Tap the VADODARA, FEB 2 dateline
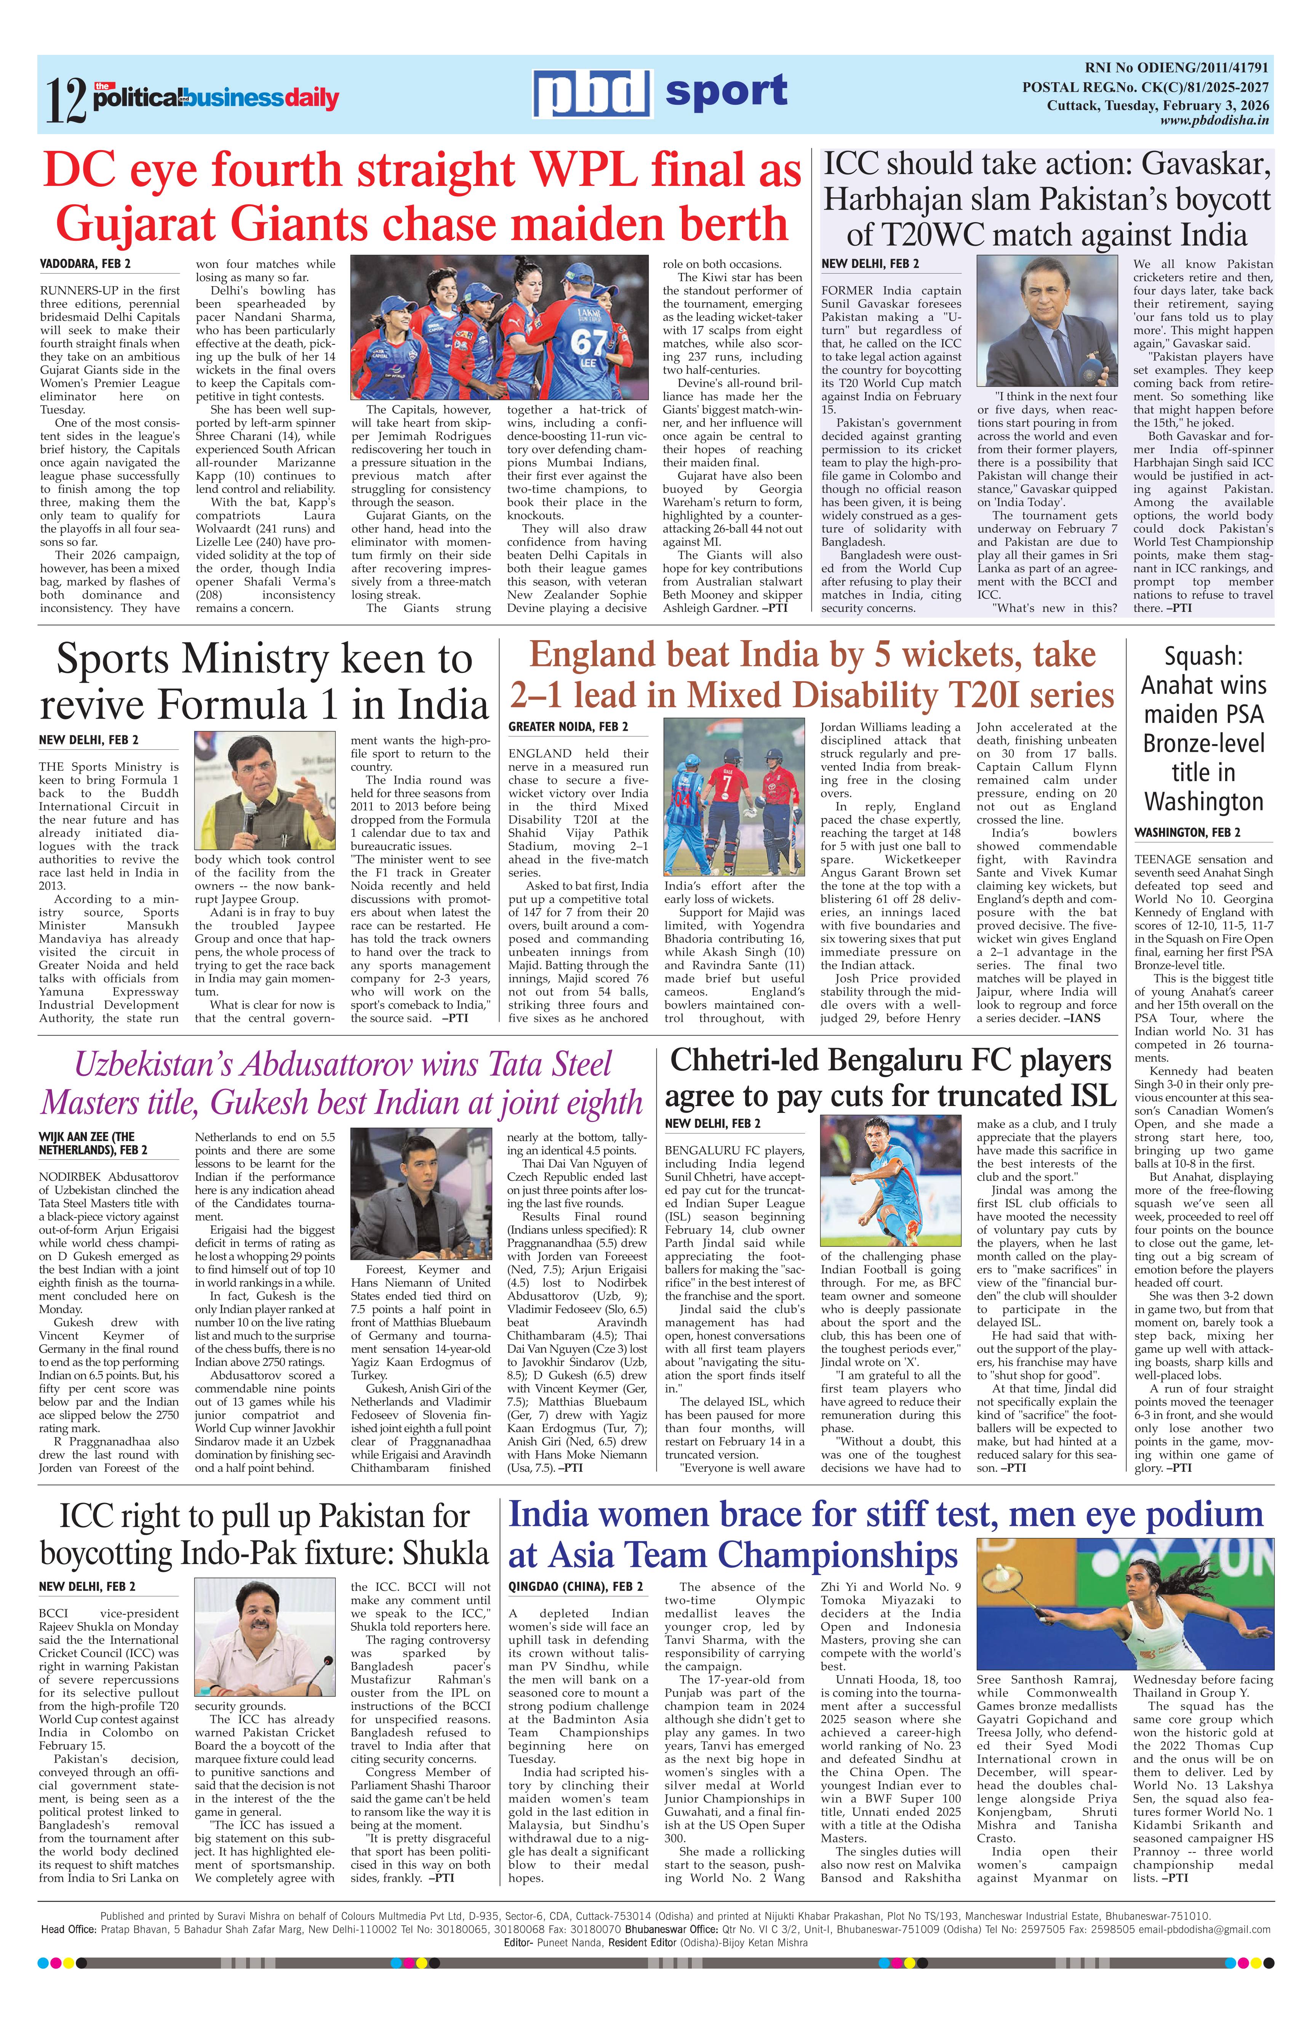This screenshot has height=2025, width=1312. [x=85, y=264]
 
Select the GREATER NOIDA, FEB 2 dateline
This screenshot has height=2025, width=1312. [x=568, y=727]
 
